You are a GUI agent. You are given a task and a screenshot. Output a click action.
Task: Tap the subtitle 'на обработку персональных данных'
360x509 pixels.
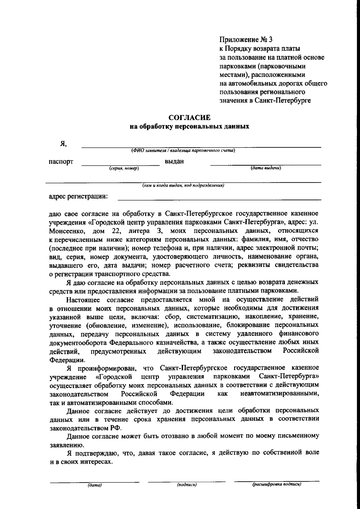pos(189,126)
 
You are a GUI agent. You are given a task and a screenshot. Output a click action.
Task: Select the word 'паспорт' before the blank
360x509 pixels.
pos(61,162)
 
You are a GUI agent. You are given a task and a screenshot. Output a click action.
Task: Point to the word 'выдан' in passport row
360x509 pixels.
pos(174,161)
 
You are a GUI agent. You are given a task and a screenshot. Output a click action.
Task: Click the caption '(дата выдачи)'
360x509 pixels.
pos(266,168)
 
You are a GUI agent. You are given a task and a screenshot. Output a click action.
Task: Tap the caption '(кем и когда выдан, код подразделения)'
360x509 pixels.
pos(183,185)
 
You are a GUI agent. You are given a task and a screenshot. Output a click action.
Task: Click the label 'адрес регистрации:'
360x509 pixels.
pos(78,197)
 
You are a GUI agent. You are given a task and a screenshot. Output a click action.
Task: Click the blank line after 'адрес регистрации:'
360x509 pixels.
pos(219,199)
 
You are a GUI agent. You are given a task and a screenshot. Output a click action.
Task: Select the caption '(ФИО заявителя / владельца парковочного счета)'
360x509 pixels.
pos(183,151)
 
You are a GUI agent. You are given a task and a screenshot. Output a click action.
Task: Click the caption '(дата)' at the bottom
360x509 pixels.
pos(94,485)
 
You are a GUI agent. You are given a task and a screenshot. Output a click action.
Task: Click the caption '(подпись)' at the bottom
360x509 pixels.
pos(187,485)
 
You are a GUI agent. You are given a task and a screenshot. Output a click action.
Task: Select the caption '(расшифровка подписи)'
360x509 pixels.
pos(277,484)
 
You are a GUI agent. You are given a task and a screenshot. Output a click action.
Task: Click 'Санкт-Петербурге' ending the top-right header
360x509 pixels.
pos(283,101)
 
